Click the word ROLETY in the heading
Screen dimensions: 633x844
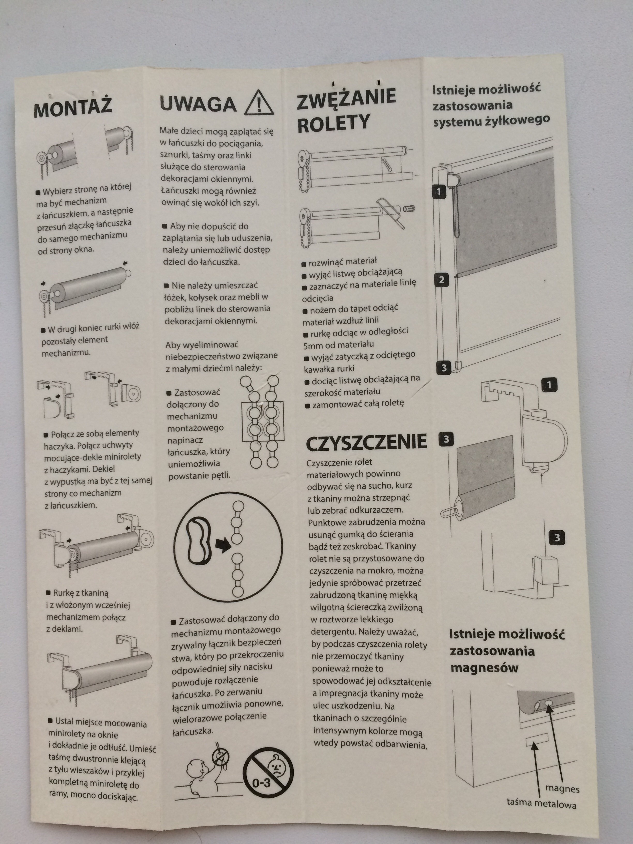coord(334,123)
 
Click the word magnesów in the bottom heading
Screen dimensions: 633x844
coord(484,668)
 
